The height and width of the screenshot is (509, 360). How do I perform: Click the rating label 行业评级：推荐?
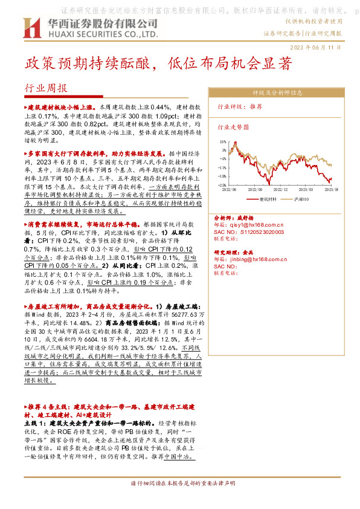click(240, 106)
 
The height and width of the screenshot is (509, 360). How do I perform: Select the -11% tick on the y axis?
click(222, 167)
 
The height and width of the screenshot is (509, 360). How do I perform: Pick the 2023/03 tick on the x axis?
click(307, 189)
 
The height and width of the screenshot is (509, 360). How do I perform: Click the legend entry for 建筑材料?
click(266, 198)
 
